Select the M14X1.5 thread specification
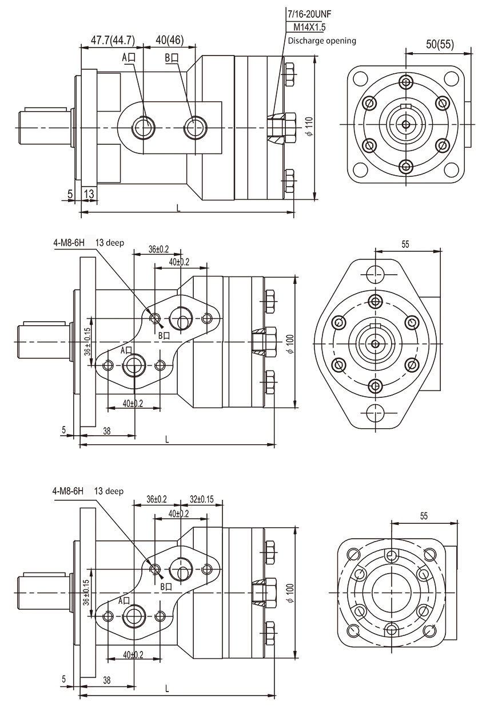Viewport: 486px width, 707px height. (309, 27)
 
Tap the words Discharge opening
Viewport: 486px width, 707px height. (321, 41)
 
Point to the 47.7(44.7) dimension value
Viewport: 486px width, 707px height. (113, 40)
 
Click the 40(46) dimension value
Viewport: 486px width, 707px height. (169, 40)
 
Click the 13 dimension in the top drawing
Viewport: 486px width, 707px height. (89, 194)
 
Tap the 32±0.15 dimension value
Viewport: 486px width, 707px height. (201, 499)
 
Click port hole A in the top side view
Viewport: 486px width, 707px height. (142, 126)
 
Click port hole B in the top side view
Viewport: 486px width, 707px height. (194, 126)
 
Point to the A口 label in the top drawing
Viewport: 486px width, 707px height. (128, 57)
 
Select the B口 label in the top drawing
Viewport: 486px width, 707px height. (172, 57)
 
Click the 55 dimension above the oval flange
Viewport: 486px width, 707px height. (405, 244)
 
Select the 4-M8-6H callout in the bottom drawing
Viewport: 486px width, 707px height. (68, 491)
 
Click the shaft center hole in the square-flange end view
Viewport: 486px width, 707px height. (406, 124)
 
